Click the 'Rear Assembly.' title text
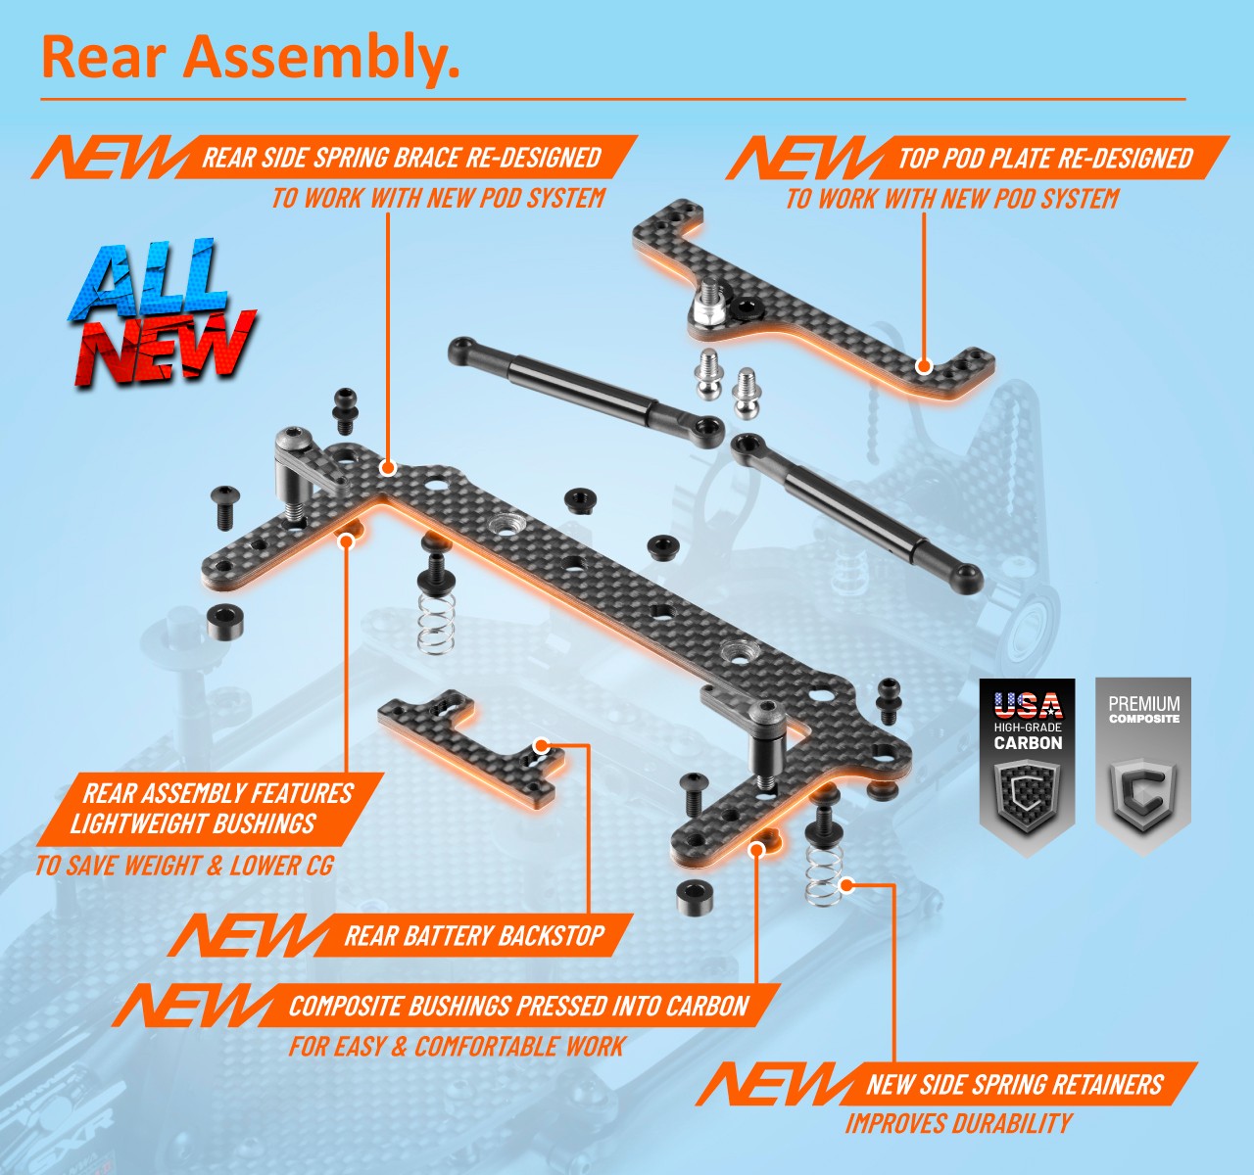click(250, 58)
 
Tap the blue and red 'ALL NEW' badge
click(162, 312)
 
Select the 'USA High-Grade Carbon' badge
click(1028, 765)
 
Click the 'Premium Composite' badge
click(1143, 765)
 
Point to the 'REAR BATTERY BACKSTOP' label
click(474, 935)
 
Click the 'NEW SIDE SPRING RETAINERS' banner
click(1015, 1085)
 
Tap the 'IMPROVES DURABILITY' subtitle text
click(959, 1123)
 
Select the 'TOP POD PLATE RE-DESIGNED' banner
click(1045, 158)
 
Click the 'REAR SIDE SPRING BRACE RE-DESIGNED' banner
click(402, 158)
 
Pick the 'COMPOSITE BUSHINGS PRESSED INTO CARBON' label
click(519, 1006)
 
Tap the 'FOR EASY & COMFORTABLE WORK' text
click(457, 1046)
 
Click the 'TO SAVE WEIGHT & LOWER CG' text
click(184, 865)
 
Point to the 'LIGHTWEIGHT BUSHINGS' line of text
click(193, 823)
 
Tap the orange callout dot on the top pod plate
click(924, 366)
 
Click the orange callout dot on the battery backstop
click(541, 746)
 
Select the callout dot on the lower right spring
click(848, 885)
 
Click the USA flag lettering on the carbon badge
click(1028, 705)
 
